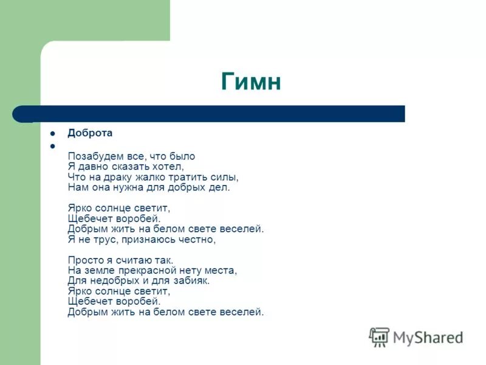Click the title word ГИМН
tap(251, 82)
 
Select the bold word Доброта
tap(90, 133)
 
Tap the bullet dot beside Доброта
tap(53, 133)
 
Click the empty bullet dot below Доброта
tap(53, 146)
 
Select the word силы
tap(224, 177)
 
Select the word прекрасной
tap(147, 271)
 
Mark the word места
tap(221, 271)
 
